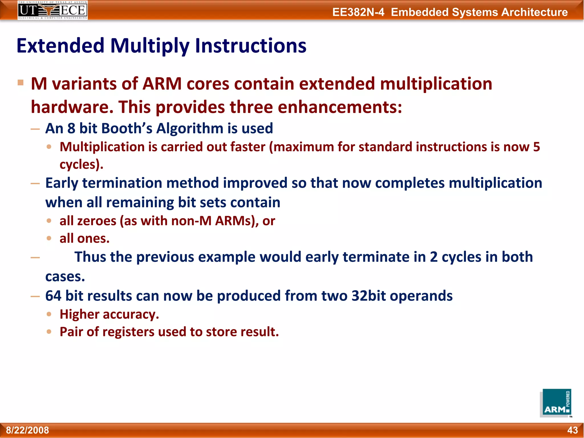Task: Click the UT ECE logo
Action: click(x=53, y=10)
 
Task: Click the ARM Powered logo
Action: click(x=555, y=403)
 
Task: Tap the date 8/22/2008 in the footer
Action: click(x=27, y=430)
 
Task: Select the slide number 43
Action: click(x=572, y=430)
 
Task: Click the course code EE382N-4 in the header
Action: click(x=358, y=12)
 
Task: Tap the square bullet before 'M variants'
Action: click(x=21, y=83)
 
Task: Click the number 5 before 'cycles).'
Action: click(x=536, y=147)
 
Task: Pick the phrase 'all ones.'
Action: click(x=84, y=238)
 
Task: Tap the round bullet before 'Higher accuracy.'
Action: click(x=49, y=314)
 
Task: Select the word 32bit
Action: click(x=368, y=296)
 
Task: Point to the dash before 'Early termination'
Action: click(x=35, y=183)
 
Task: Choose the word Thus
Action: click(x=90, y=257)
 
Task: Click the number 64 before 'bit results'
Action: click(x=53, y=296)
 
